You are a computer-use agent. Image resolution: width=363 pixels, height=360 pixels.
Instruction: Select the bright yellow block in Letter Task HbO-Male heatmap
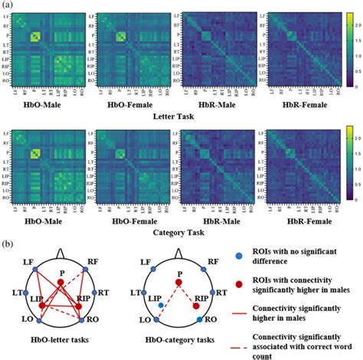pyautogui.click(x=34, y=38)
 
